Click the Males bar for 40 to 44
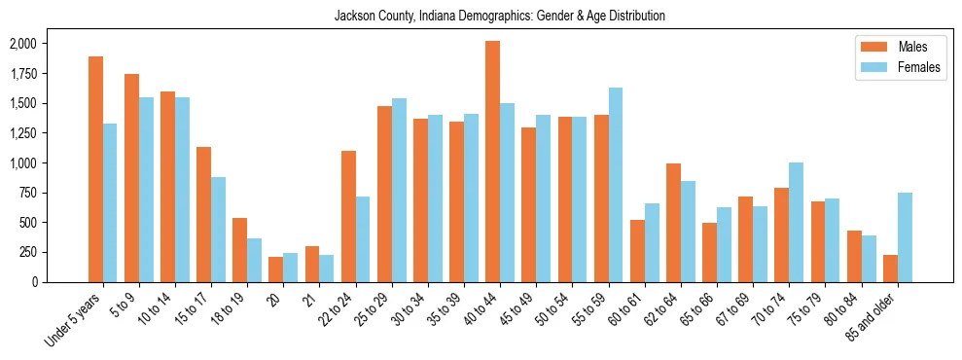(493, 162)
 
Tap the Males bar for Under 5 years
(95, 169)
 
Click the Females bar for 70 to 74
(797, 222)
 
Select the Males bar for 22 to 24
(348, 216)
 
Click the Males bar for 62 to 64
(673, 223)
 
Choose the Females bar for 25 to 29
(399, 190)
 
